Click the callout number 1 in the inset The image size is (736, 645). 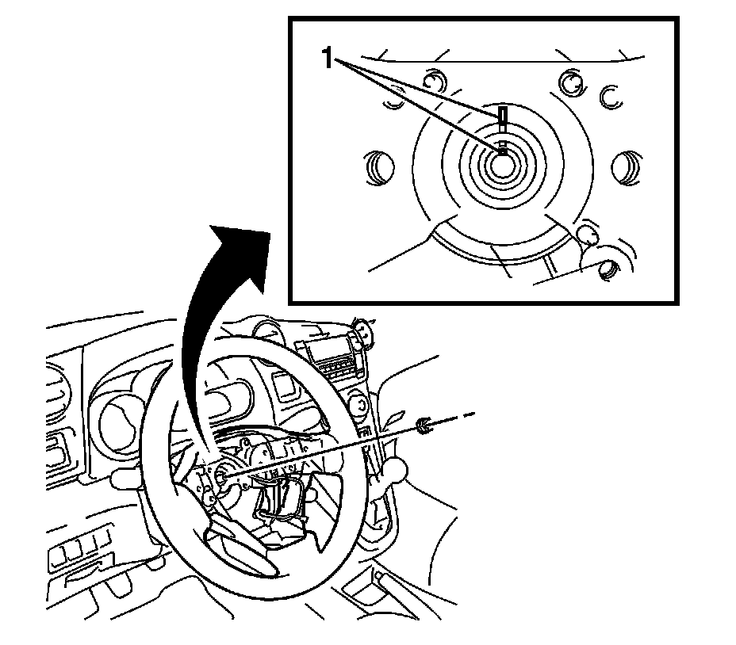tap(325, 56)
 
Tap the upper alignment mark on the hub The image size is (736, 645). tap(503, 117)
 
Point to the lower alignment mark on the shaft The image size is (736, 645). tap(502, 148)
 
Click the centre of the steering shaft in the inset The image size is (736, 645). tap(503, 164)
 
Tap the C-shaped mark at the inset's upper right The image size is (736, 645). tap(609, 96)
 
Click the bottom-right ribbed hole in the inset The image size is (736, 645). tap(608, 269)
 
